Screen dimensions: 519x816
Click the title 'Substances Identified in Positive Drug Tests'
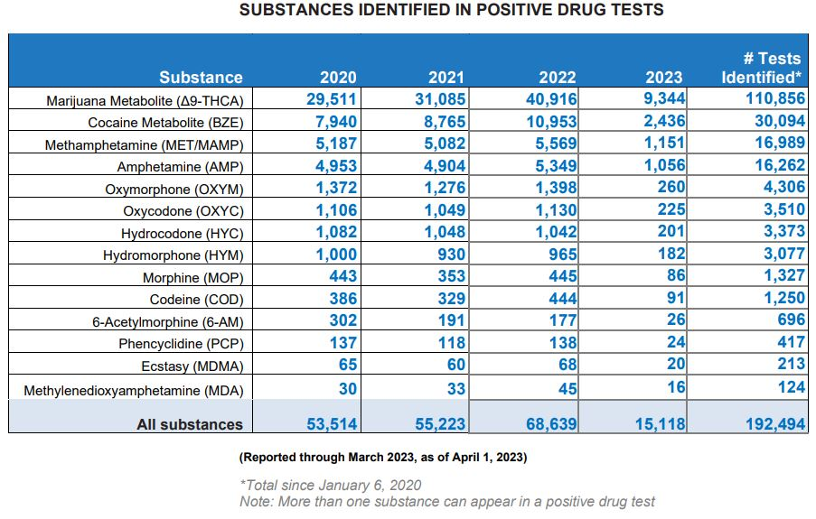[451, 11]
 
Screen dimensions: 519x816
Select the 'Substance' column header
[201, 78]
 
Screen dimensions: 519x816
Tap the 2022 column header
[557, 78]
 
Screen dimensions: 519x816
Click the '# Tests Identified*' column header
[763, 68]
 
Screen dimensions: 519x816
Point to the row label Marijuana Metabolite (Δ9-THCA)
[145, 100]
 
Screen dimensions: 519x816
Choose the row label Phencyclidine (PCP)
[181, 344]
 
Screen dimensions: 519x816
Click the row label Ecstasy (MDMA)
[192, 366]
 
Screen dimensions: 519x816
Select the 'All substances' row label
[190, 424]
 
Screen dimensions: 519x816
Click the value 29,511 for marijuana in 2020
[332, 99]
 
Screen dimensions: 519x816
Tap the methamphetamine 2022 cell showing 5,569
[554, 144]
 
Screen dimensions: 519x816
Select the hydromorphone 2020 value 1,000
[336, 255]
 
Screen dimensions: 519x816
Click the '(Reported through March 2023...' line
[383, 458]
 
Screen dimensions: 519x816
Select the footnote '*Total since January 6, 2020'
[330, 486]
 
